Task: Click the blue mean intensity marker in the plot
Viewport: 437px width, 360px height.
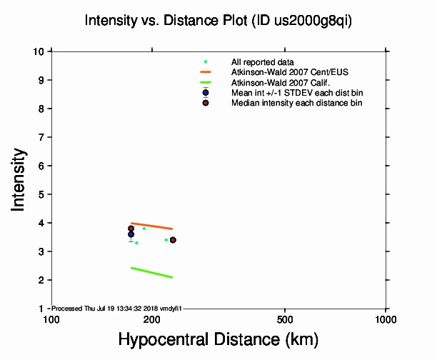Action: coord(131,234)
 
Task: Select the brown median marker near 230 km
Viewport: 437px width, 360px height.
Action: coord(173,240)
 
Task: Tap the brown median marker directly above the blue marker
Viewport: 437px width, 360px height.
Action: coord(131,229)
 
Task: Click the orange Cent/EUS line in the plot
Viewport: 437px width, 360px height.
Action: coord(151,226)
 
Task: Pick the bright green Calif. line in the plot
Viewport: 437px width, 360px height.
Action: coord(151,272)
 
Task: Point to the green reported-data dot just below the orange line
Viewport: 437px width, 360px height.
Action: coord(144,229)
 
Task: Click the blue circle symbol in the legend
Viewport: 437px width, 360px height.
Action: coord(206,93)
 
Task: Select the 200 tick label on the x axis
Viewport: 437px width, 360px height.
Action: coord(151,318)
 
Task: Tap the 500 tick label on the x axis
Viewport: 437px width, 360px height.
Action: coord(285,318)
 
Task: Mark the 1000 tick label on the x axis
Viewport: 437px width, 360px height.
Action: coord(386,318)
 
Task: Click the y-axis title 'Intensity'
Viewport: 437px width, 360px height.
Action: coord(19,179)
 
